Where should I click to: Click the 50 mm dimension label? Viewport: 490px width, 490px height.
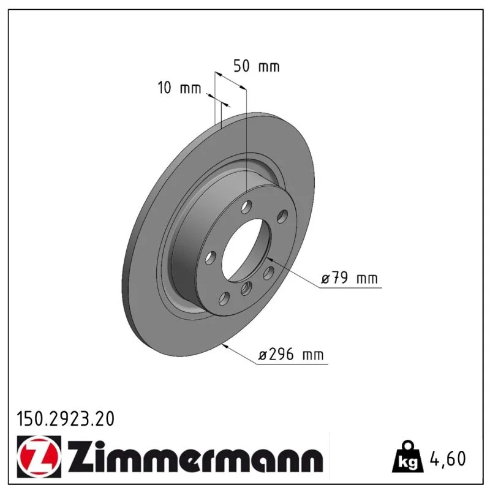[257, 66]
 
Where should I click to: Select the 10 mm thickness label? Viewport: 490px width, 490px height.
[179, 88]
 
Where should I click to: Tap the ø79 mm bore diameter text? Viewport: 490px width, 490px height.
[350, 278]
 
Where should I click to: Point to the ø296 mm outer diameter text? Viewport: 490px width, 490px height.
[291, 355]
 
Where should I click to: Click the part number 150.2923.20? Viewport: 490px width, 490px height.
[66, 419]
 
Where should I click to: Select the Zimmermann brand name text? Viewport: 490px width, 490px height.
[195, 457]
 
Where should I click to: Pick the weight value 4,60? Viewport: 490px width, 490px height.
[448, 458]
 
